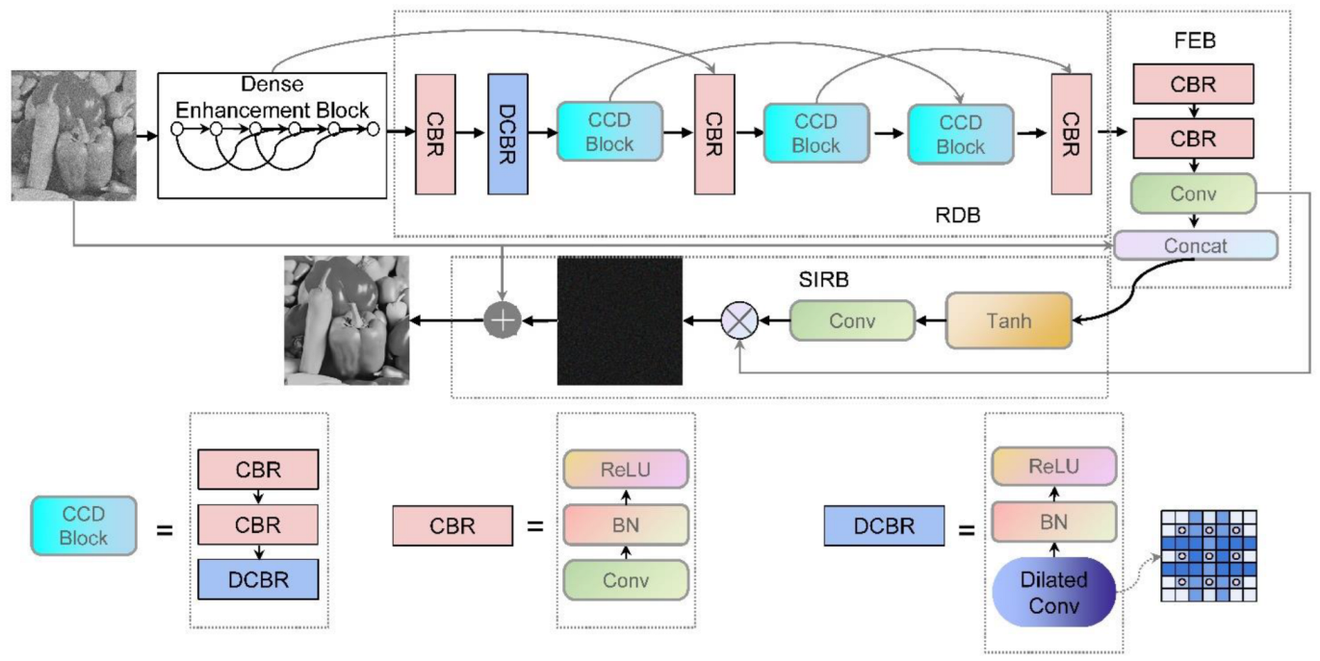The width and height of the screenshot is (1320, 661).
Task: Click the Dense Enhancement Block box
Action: [272, 135]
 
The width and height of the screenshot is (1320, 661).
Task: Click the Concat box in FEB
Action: [1196, 245]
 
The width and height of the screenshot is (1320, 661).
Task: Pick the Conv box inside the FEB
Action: [1194, 193]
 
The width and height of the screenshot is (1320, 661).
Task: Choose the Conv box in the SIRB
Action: [851, 320]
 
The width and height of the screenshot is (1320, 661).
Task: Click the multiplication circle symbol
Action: [740, 320]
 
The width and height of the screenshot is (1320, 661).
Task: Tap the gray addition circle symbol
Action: [502, 320]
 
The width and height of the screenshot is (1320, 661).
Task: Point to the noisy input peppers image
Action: [74, 135]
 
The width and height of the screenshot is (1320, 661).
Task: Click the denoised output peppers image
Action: [347, 320]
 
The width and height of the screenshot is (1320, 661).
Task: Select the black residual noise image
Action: [619, 320]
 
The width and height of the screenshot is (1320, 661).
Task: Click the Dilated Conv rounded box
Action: [1053, 593]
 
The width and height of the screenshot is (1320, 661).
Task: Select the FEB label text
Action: [1194, 43]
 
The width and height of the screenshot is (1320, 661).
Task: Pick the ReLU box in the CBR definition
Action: [626, 469]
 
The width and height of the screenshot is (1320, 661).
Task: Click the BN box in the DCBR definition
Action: [1053, 523]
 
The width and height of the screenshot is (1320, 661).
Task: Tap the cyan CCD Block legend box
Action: [84, 524]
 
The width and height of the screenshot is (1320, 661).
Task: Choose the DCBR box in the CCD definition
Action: [257, 580]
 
